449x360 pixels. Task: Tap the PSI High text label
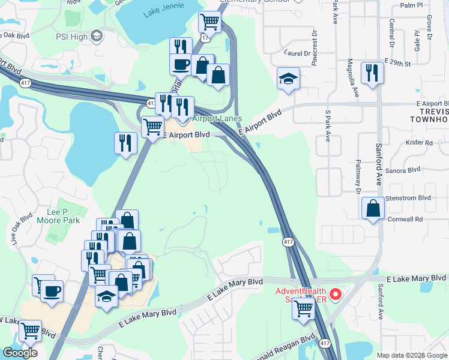coord(71,37)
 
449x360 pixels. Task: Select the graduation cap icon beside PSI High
coord(97,37)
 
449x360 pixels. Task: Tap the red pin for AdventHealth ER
coord(336,294)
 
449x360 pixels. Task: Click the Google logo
coord(20,353)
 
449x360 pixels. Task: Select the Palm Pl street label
coord(411,5)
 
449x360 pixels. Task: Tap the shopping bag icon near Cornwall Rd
coord(373,209)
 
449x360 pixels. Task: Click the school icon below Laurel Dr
coord(288,79)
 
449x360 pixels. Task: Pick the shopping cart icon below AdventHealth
coord(304,310)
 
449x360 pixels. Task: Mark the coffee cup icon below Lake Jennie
coord(180,64)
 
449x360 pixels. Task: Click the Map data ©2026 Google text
coord(412,355)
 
